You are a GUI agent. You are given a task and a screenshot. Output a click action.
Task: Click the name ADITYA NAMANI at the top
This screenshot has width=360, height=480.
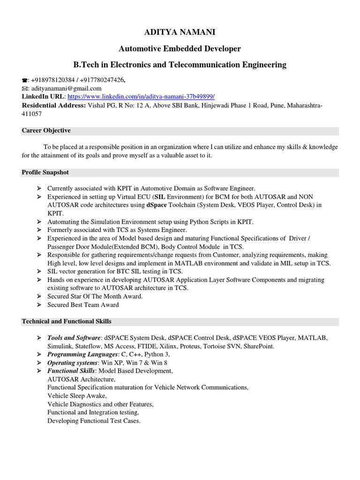click(180, 32)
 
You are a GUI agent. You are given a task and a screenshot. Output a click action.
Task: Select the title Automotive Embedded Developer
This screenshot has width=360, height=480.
click(180, 48)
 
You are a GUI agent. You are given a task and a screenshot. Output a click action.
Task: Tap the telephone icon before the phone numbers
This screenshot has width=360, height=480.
click(25, 81)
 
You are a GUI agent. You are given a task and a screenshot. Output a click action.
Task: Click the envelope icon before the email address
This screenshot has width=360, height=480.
click(25, 89)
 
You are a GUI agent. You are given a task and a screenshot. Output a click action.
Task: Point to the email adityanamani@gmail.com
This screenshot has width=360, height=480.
click(66, 89)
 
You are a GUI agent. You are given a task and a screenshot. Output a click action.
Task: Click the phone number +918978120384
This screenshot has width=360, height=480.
click(52, 81)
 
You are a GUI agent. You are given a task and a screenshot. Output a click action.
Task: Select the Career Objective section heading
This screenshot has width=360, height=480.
click(46, 130)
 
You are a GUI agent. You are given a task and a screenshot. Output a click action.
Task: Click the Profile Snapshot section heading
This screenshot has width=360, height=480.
click(45, 173)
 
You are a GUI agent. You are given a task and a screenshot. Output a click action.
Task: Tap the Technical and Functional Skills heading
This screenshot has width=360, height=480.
click(67, 322)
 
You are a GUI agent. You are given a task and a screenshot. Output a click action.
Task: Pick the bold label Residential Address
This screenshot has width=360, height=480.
click(53, 105)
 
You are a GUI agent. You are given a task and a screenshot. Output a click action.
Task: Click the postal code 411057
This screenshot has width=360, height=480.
click(32, 113)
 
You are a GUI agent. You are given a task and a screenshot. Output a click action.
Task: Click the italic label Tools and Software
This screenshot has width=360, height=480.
click(74, 338)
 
